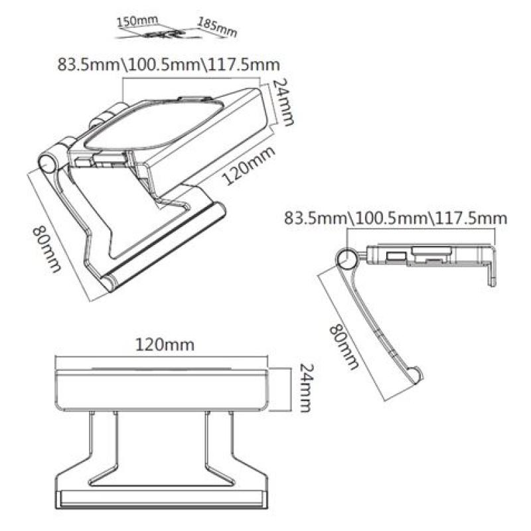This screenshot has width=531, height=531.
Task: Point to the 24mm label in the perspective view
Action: [x=283, y=102]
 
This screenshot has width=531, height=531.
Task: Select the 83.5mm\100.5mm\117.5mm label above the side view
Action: [x=395, y=218]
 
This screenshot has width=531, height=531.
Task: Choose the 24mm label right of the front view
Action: [x=305, y=388]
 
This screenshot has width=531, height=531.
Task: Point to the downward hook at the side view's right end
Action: [x=492, y=269]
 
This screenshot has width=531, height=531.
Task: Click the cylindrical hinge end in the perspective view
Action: [x=48, y=163]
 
